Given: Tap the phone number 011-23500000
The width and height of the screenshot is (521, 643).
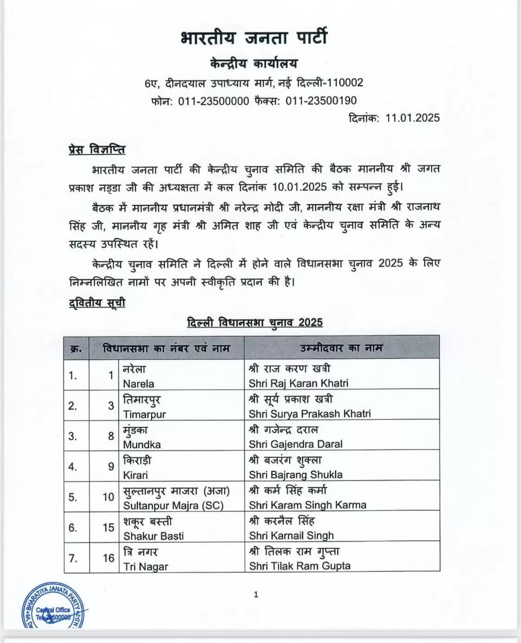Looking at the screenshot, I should pyautogui.click(x=213, y=101).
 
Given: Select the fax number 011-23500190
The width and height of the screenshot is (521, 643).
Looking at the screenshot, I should pyautogui.click(x=321, y=101).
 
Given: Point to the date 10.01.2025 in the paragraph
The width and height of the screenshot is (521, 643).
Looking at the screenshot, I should pyautogui.click(x=300, y=187).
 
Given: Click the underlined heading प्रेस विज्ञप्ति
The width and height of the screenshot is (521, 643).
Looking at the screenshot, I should pyautogui.click(x=97, y=150).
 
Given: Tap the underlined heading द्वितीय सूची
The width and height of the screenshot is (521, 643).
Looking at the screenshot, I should pyautogui.click(x=97, y=303).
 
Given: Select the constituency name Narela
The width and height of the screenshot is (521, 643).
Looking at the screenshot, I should pyautogui.click(x=138, y=384).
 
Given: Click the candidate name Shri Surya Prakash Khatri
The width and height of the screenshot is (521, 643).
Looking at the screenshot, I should pyautogui.click(x=309, y=414).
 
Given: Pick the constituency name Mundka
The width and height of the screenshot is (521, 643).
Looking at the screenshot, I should pyautogui.click(x=142, y=445).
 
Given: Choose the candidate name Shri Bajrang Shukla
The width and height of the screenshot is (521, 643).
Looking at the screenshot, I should pyautogui.click(x=295, y=475).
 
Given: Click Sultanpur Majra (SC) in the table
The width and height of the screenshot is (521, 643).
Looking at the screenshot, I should pyautogui.click(x=173, y=505).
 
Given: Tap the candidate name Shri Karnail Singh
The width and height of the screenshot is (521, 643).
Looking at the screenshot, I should pyautogui.click(x=291, y=536).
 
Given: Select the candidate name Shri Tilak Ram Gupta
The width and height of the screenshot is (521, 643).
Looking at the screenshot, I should pyautogui.click(x=300, y=566).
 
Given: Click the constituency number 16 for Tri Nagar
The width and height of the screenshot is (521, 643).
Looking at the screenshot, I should pyautogui.click(x=108, y=558).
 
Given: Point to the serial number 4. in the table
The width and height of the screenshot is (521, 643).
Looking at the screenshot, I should pyautogui.click(x=73, y=466).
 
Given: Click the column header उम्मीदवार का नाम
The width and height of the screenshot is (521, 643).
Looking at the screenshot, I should pyautogui.click(x=341, y=348).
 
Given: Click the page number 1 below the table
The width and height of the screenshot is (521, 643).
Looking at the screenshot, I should pyautogui.click(x=256, y=595).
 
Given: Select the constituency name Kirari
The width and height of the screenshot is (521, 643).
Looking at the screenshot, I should pyautogui.click(x=135, y=475).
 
